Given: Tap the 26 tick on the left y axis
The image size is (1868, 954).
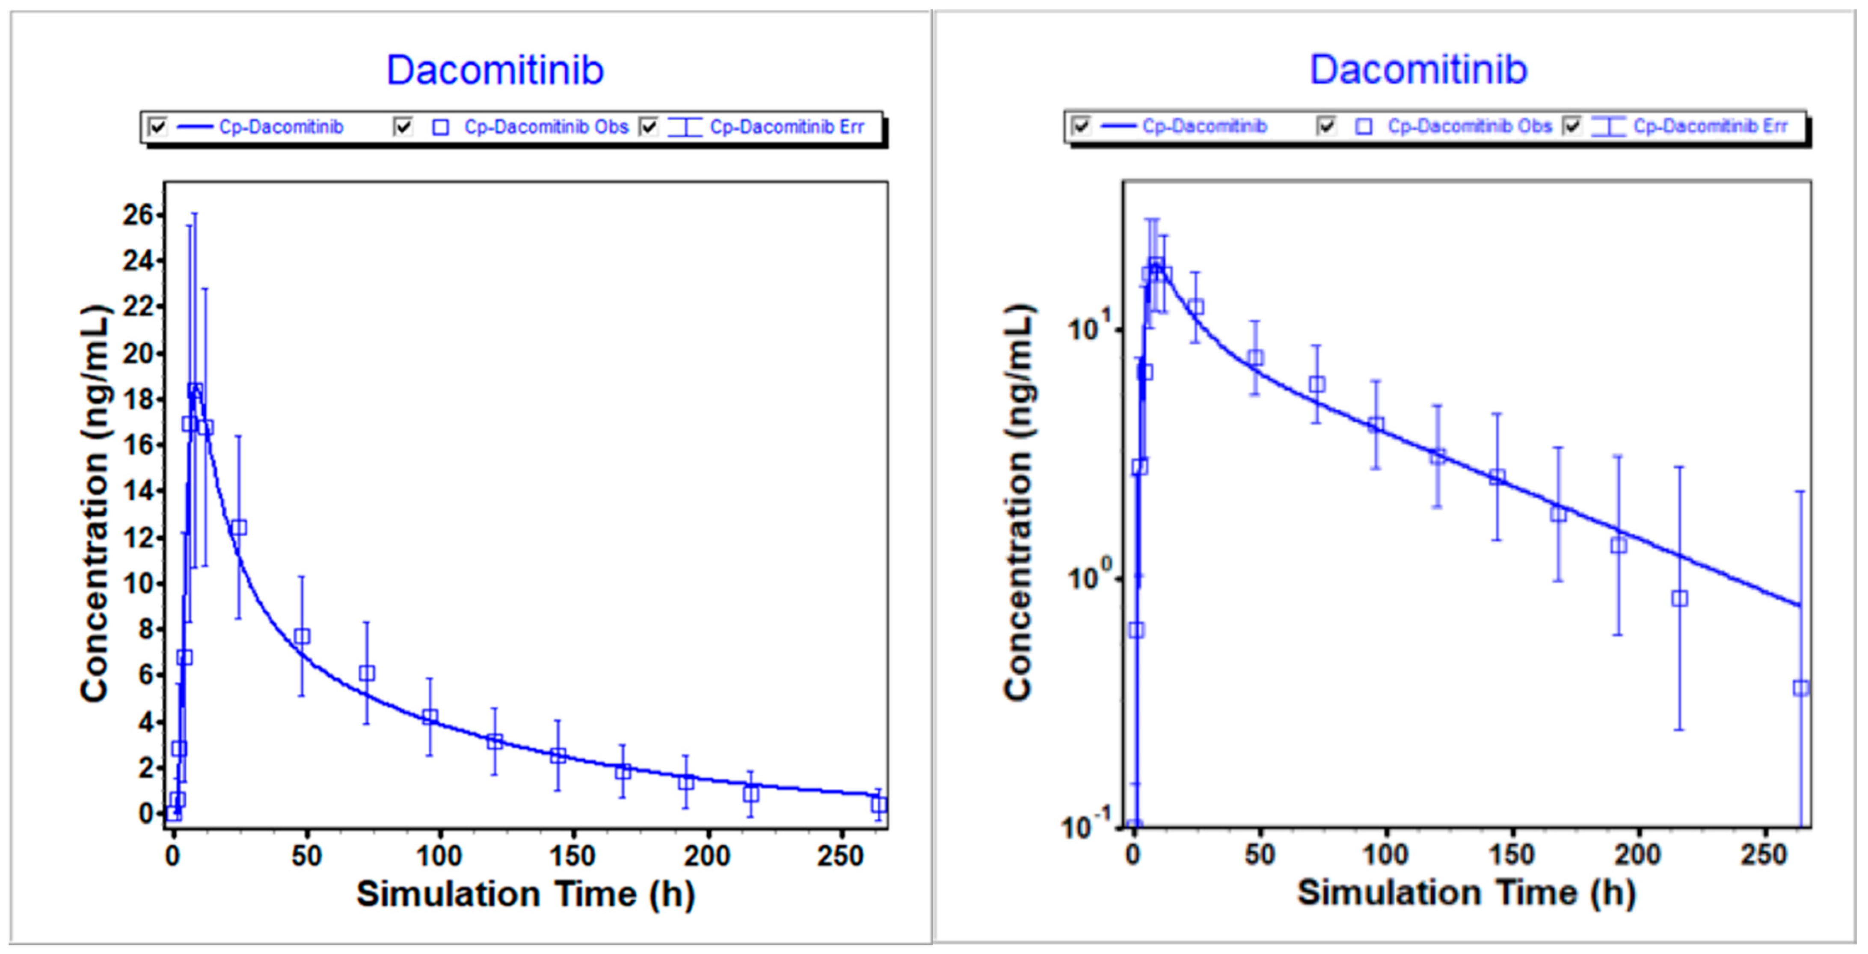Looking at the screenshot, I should coord(138,215).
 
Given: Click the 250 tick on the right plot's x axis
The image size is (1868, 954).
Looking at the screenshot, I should coord(1764,855).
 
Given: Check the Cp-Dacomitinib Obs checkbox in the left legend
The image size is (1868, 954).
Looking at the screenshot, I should coord(403,128).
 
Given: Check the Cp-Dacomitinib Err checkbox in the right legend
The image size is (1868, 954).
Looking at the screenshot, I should coord(1571,126).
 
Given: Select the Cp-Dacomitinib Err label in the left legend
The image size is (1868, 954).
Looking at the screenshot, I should coord(787,128).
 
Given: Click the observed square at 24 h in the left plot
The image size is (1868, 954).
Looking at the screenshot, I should coord(239,527).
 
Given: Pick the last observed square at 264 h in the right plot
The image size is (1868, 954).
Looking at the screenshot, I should coord(1800,688).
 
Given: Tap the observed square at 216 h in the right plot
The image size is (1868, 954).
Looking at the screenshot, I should coord(1679,598).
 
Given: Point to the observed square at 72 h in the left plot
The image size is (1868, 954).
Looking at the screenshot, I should coord(367,673).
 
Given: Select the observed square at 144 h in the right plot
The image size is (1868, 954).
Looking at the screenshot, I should coord(1497,477).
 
